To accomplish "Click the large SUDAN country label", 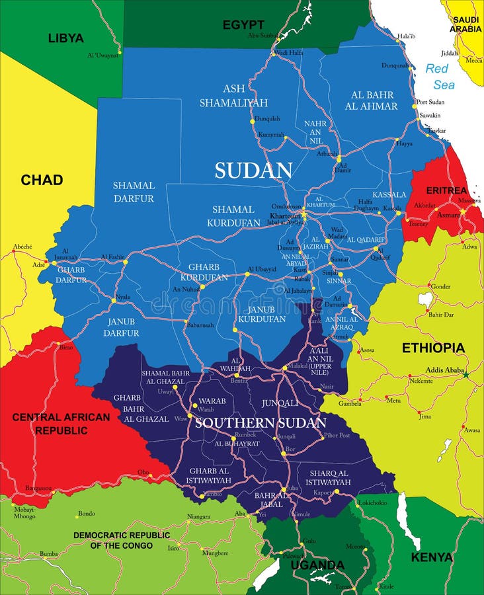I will pos(253,171).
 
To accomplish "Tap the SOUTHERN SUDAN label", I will pos(261,422).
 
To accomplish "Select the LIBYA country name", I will pos(65,38).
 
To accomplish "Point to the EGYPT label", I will pos(243,24).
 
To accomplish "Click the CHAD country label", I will pos(42,180).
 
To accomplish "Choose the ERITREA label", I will pos(446,190).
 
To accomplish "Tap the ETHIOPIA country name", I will pos(433,348).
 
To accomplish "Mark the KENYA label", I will pos(432,557).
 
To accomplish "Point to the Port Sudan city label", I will pos(430,102).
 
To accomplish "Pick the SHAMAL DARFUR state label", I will pos(134,192).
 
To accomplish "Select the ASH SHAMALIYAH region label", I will pos(234,96).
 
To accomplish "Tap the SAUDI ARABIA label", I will pos(465,24).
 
